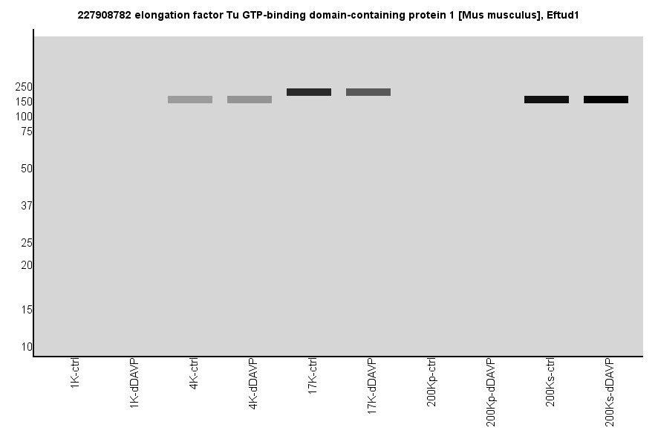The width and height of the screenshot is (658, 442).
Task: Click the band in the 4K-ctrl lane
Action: click(x=190, y=100)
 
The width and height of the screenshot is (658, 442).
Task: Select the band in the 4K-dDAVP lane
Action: click(x=250, y=100)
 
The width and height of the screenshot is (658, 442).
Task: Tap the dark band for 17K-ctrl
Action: click(x=309, y=92)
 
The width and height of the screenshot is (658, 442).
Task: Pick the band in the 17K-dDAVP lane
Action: click(x=368, y=92)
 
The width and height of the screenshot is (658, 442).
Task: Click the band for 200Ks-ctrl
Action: click(x=547, y=100)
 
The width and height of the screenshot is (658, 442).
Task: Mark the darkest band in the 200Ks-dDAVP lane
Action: click(x=606, y=100)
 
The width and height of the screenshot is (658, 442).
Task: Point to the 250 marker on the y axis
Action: click(x=24, y=87)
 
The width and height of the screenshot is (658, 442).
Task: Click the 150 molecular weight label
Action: click(x=24, y=102)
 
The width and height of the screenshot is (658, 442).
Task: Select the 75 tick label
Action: click(x=27, y=131)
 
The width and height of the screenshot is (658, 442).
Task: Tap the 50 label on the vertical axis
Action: click(x=27, y=169)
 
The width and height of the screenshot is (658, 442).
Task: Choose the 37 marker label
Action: click(x=27, y=206)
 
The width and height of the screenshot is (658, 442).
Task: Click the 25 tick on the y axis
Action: click(x=27, y=243)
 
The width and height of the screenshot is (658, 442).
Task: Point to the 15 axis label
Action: click(x=27, y=310)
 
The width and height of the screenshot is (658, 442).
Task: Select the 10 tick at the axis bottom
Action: click(x=27, y=347)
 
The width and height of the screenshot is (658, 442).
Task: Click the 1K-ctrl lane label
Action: click(x=75, y=374)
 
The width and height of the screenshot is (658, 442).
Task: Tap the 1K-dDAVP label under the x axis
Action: click(x=134, y=382)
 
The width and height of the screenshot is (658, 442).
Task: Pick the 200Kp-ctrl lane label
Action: click(x=431, y=382)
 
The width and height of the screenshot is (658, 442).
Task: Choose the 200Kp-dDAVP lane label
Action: click(x=491, y=391)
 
